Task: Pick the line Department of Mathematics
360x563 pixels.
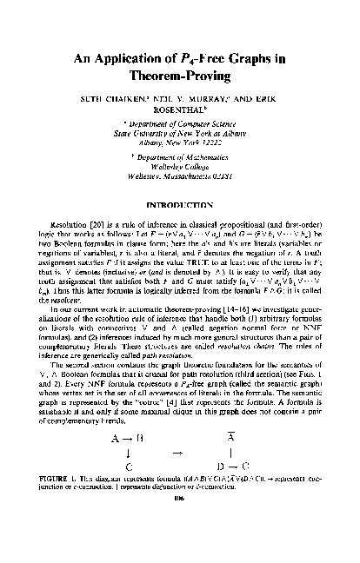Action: [181, 173]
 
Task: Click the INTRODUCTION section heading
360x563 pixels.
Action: [180, 215]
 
